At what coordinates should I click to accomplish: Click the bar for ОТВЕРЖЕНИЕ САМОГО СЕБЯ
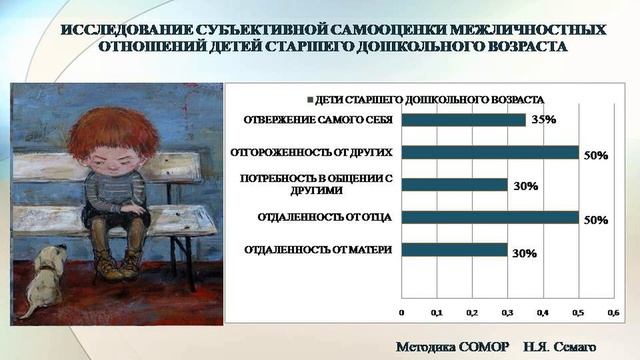463,120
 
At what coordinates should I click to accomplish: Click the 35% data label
542,120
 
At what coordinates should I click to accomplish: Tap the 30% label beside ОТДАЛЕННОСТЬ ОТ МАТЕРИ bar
525,254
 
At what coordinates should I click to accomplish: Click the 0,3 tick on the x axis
507,312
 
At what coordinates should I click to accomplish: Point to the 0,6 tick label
613,312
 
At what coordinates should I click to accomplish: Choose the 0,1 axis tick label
436,312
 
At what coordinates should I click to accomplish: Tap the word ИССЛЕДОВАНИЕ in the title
116,29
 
